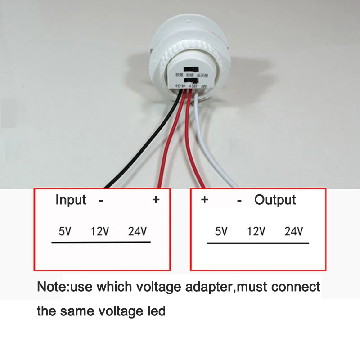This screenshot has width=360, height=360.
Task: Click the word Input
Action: pos(71,200)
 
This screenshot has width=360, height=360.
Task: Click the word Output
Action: pos(275,200)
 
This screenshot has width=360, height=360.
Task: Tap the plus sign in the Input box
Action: pos(156,200)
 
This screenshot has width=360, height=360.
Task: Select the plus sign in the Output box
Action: pos(204,200)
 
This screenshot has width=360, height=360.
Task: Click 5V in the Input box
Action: pos(65,232)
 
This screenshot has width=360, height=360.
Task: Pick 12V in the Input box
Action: pos(100,232)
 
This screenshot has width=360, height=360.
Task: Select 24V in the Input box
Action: pos(137,232)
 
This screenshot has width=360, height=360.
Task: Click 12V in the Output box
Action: pos(256,232)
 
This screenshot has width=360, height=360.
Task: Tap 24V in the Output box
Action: pos(294,232)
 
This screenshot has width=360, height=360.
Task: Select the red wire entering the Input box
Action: pos(168,144)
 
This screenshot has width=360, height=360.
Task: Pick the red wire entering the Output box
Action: pos(189,144)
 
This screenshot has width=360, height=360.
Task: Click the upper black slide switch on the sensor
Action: pos(191,69)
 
